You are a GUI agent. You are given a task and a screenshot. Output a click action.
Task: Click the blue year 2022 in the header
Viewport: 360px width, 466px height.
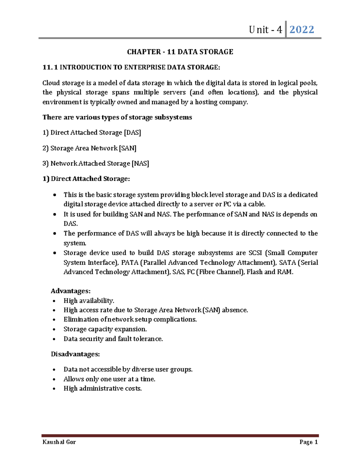(x=301, y=29)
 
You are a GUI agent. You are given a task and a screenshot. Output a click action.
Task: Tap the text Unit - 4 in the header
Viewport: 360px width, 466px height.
(x=265, y=30)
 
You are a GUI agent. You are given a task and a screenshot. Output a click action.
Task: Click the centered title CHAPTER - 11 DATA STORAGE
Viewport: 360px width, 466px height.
(x=180, y=52)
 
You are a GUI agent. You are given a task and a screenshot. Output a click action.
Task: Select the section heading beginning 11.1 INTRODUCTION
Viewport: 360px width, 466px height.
(x=131, y=67)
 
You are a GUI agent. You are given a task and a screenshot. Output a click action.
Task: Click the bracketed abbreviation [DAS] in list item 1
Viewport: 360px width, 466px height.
(x=132, y=133)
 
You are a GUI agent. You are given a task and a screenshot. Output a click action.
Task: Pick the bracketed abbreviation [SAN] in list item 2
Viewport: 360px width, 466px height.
(x=127, y=148)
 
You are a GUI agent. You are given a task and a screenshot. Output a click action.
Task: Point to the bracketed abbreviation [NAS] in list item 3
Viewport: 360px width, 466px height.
(x=140, y=164)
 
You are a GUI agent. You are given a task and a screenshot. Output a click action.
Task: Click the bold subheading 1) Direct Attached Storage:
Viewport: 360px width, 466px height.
(x=86, y=179)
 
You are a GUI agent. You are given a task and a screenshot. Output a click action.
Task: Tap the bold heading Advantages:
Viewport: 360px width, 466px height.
(x=70, y=291)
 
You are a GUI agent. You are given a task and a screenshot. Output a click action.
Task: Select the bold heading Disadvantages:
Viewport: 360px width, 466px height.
(x=75, y=354)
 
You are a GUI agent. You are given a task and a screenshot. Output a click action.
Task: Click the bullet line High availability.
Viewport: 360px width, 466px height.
(x=89, y=301)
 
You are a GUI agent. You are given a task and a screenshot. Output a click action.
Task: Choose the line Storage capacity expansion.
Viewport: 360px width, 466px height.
(x=105, y=329)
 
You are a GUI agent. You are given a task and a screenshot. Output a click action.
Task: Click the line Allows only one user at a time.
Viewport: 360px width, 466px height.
(x=109, y=379)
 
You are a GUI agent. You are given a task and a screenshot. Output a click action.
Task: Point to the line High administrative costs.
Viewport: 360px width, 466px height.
(x=103, y=389)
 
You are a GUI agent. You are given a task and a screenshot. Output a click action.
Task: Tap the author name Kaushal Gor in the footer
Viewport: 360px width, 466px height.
(x=59, y=442)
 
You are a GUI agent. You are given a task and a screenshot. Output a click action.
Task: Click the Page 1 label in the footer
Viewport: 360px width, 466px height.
(x=308, y=442)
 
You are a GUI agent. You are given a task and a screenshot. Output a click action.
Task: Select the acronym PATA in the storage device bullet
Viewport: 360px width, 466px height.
(x=130, y=263)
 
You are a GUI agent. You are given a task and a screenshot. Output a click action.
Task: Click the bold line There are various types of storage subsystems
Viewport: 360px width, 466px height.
(x=117, y=117)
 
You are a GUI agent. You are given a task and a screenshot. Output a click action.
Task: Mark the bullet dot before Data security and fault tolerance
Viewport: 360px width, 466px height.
(x=54, y=339)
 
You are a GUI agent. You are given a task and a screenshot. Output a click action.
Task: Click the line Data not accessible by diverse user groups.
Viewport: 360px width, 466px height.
(x=128, y=369)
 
